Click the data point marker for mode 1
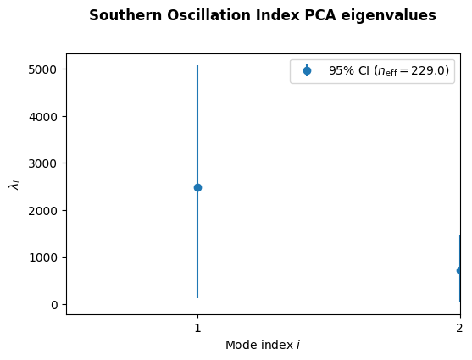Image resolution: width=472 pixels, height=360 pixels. point(197,187)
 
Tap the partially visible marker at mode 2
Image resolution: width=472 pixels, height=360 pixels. point(458,270)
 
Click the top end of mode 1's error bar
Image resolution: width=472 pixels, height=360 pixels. point(197,65)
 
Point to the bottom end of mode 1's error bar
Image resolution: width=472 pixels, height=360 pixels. point(197,298)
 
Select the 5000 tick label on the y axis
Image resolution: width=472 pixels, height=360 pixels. point(42,69)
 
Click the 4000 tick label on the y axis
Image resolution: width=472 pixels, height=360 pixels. point(42,117)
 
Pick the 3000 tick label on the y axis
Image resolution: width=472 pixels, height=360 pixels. point(42,163)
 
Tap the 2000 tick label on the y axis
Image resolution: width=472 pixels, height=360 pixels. point(42,211)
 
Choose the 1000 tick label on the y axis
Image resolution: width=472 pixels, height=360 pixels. point(42,258)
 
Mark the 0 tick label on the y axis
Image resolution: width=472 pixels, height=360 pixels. point(54,305)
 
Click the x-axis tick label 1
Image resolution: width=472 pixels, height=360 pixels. point(197,328)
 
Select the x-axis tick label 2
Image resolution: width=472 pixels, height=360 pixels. point(459,328)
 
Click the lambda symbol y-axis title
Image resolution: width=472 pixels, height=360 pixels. point(14,184)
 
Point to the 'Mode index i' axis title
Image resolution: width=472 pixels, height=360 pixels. point(263,345)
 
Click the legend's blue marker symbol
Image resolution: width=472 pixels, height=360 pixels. point(307,71)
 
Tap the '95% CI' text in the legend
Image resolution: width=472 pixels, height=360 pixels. point(349,71)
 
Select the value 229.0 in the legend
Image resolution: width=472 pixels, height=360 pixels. point(428,71)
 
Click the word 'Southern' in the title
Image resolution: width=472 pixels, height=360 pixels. point(125,15)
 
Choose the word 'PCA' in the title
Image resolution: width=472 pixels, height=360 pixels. point(320,15)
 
